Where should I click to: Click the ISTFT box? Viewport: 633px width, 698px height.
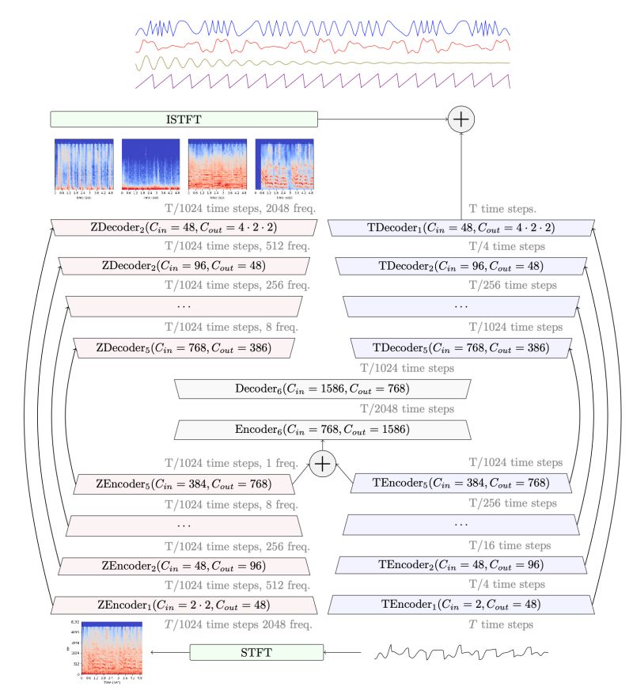tap(184, 119)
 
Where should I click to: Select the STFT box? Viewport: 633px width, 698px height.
tap(257, 652)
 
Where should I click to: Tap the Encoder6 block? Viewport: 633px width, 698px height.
tap(322, 430)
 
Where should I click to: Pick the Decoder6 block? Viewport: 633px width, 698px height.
tap(322, 389)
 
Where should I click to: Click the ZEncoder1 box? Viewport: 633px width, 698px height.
tap(184, 605)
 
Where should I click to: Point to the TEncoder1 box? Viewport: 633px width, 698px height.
tap(461, 605)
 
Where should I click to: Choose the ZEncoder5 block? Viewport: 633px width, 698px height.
tap(184, 483)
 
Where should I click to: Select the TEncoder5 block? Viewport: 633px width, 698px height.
tap(461, 483)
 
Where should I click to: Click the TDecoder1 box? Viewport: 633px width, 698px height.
tap(461, 228)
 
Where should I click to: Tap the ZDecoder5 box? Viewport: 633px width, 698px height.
tap(184, 347)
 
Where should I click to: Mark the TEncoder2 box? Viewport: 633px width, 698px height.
tap(461, 565)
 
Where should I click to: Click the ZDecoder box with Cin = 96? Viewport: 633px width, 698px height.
tap(184, 265)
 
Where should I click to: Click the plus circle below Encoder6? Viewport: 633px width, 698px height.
tap(322, 463)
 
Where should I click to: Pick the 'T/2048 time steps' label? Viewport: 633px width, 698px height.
tap(407, 409)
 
